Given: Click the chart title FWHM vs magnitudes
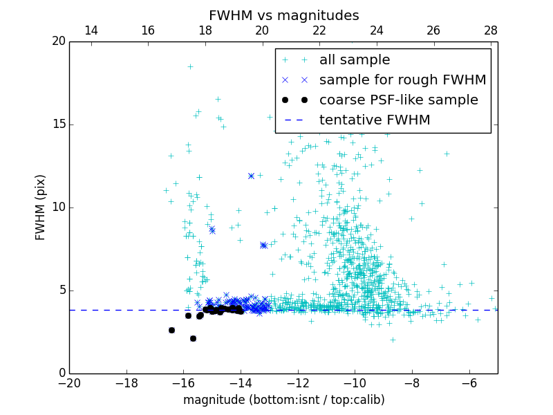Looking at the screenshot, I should tap(283, 15).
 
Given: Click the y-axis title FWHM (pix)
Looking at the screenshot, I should tap(41, 207).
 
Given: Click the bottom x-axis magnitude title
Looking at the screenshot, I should tap(283, 400).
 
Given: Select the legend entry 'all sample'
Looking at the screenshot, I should tap(354, 60).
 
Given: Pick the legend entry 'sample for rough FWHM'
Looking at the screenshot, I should tap(402, 80).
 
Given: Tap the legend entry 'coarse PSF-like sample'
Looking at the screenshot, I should tap(398, 100).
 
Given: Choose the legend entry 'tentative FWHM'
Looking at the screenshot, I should tap(374, 120).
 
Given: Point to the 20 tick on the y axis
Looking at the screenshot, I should tap(58, 41).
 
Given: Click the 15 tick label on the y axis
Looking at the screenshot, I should tap(58, 124).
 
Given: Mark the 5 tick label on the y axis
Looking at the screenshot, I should tap(61, 290).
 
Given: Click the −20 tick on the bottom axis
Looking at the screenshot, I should tap(69, 382).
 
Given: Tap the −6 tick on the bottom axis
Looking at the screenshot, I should tap(469, 382).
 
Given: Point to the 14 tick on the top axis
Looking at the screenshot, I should tap(91, 31).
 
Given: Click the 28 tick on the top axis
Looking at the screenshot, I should tap(491, 31).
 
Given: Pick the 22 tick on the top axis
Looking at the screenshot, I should tap(319, 31).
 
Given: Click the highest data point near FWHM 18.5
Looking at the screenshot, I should tap(190, 66).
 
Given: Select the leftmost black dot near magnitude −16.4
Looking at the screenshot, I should tap(171, 330).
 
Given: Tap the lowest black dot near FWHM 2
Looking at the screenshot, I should tap(193, 338).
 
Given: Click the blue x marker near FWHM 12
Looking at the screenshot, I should tap(251, 176).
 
